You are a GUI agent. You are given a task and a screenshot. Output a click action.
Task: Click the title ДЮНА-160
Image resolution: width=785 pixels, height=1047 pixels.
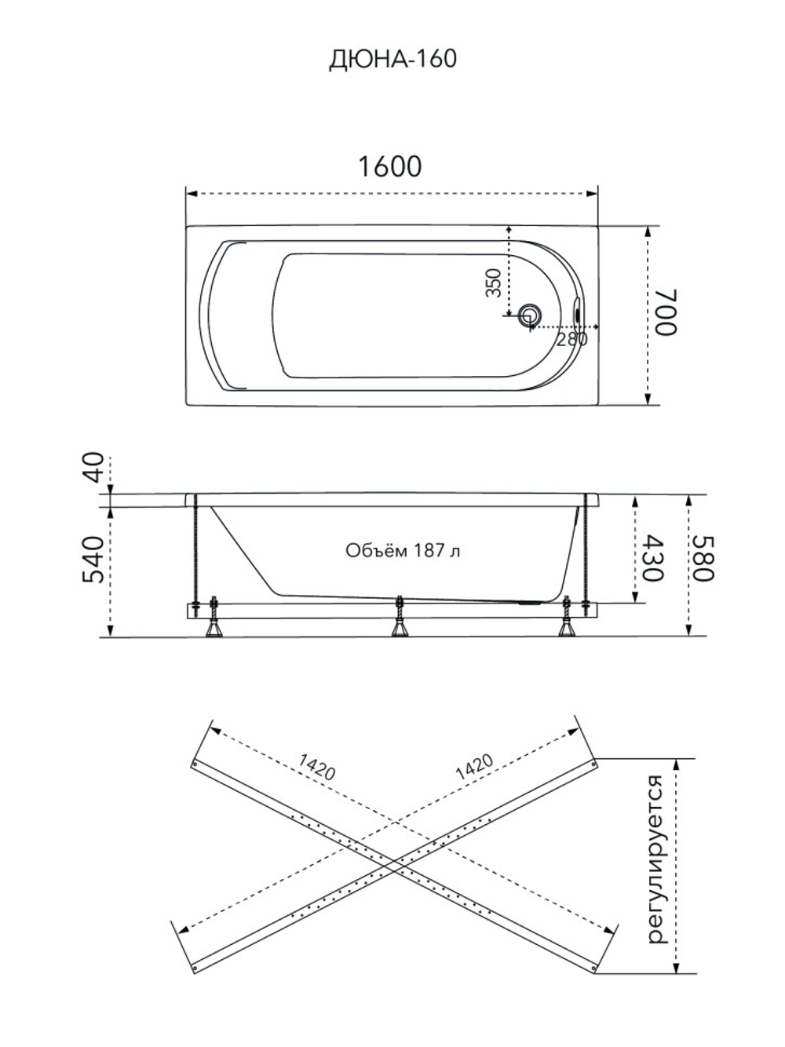pyautogui.click(x=393, y=59)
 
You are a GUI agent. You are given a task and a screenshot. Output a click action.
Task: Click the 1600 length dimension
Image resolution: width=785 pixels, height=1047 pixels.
pyautogui.click(x=389, y=166)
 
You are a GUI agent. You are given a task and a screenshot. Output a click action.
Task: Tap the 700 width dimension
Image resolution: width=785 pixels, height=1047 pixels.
pyautogui.click(x=666, y=312)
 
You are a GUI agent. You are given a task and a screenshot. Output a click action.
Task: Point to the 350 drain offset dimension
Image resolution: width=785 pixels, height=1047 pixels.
pyautogui.click(x=494, y=283)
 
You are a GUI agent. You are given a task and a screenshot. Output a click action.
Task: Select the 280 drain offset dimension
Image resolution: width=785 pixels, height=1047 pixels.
pyautogui.click(x=571, y=339)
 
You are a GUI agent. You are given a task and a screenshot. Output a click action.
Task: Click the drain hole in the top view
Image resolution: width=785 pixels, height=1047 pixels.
pyautogui.click(x=529, y=316)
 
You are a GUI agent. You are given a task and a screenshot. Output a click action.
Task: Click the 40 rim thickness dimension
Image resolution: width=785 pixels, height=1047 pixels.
pyautogui.click(x=94, y=467)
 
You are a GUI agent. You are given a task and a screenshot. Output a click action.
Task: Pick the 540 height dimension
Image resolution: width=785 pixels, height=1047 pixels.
pyautogui.click(x=93, y=560)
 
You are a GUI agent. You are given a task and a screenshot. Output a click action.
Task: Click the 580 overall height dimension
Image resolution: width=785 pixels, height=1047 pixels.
pyautogui.click(x=703, y=557)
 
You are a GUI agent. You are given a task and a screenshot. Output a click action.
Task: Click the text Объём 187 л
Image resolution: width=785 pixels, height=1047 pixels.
pyautogui.click(x=403, y=550)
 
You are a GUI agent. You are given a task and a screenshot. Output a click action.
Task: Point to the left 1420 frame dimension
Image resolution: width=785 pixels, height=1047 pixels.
pyautogui.click(x=317, y=767)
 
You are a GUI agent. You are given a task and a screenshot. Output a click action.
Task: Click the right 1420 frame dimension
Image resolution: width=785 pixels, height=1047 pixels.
pyautogui.click(x=474, y=767)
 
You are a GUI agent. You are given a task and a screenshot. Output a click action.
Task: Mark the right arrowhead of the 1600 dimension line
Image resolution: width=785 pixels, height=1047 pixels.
pyautogui.click(x=593, y=194)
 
